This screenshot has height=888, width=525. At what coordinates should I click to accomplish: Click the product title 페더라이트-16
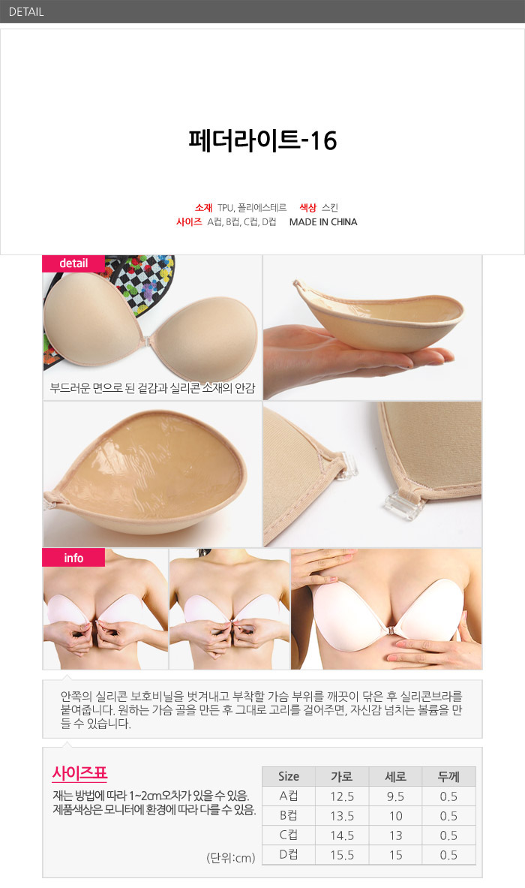coord(262,140)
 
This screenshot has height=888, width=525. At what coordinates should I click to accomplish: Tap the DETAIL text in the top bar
coord(26,11)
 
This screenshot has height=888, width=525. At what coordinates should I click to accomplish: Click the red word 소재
coord(204,208)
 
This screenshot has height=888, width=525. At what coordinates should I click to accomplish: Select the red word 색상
coord(307,208)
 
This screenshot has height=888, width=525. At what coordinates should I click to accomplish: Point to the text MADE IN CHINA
coord(323,222)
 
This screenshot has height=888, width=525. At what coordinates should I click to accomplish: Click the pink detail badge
coord(73,263)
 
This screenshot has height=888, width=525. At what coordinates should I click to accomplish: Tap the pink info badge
coord(73,558)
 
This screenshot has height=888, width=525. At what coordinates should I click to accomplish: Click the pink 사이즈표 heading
coord(79,773)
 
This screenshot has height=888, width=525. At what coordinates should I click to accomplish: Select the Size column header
coord(289,776)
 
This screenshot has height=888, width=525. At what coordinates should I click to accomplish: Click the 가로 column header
coord(342,776)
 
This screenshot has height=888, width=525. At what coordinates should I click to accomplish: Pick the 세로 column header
coord(395,776)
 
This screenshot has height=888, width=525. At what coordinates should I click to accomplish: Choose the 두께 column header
coord(448,776)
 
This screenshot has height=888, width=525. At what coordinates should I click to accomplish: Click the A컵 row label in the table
coord(289,796)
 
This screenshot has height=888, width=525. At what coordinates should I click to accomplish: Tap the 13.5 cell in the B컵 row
coord(342,816)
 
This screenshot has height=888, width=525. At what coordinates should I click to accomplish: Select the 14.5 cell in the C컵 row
coord(342,835)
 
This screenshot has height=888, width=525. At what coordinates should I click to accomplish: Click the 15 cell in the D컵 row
coord(396,854)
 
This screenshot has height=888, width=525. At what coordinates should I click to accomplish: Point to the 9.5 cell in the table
coord(395,796)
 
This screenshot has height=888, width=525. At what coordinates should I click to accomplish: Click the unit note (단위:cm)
coord(231,857)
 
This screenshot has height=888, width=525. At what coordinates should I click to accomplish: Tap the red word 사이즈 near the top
coord(189,222)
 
